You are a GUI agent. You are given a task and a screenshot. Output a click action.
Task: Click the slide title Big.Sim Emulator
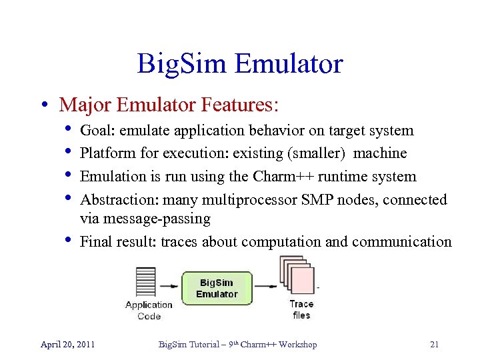pyautogui.click(x=240, y=64)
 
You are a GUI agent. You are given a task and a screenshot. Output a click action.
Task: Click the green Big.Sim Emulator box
pyautogui.click(x=217, y=288)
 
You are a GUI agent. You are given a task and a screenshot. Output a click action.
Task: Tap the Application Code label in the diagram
pyautogui.click(x=149, y=310)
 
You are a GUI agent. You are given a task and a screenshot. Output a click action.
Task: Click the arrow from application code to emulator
pyautogui.click(x=170, y=287)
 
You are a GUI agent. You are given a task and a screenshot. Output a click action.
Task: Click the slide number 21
pyautogui.click(x=434, y=345)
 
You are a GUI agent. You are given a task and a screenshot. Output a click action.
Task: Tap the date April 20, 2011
pyautogui.click(x=67, y=345)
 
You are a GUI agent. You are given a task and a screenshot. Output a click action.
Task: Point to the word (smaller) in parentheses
pyautogui.click(x=315, y=153)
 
